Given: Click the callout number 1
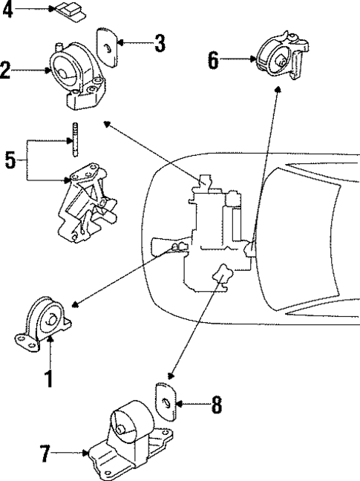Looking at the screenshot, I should pyautogui.click(x=49, y=379).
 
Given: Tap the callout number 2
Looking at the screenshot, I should pyautogui.click(x=6, y=71).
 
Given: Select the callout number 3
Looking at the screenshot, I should pyautogui.click(x=159, y=44).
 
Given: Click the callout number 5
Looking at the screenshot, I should pyautogui.click(x=10, y=160).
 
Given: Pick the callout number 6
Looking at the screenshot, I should pyautogui.click(x=214, y=59).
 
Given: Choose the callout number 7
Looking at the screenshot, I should pyautogui.click(x=46, y=453).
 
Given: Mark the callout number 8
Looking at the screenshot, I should pyautogui.click(x=216, y=405).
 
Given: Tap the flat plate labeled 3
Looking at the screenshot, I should pyautogui.click(x=108, y=49).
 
